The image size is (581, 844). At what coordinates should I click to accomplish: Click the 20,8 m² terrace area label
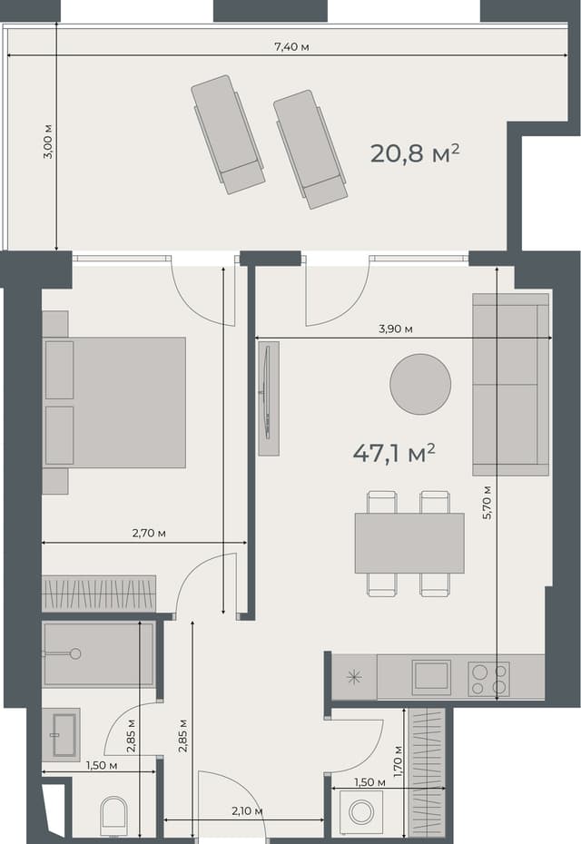point(414,152)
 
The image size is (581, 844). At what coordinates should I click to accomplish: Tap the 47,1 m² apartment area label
point(394,453)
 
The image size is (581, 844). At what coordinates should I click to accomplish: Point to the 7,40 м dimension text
point(291,46)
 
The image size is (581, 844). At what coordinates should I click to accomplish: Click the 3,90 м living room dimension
point(396,329)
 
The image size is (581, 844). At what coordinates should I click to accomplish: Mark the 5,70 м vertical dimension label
point(487,499)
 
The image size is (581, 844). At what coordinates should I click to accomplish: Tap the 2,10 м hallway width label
point(246,810)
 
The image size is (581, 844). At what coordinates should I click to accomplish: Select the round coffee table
point(420,384)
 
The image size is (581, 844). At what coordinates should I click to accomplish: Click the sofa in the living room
point(511,384)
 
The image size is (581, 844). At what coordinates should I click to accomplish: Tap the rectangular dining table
point(409,543)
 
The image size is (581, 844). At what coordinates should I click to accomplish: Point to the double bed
point(114,402)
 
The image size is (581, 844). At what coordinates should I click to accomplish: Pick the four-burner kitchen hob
point(488,679)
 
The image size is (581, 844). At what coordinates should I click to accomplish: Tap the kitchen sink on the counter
point(430,677)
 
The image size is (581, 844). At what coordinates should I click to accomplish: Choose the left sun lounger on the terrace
point(228,133)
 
